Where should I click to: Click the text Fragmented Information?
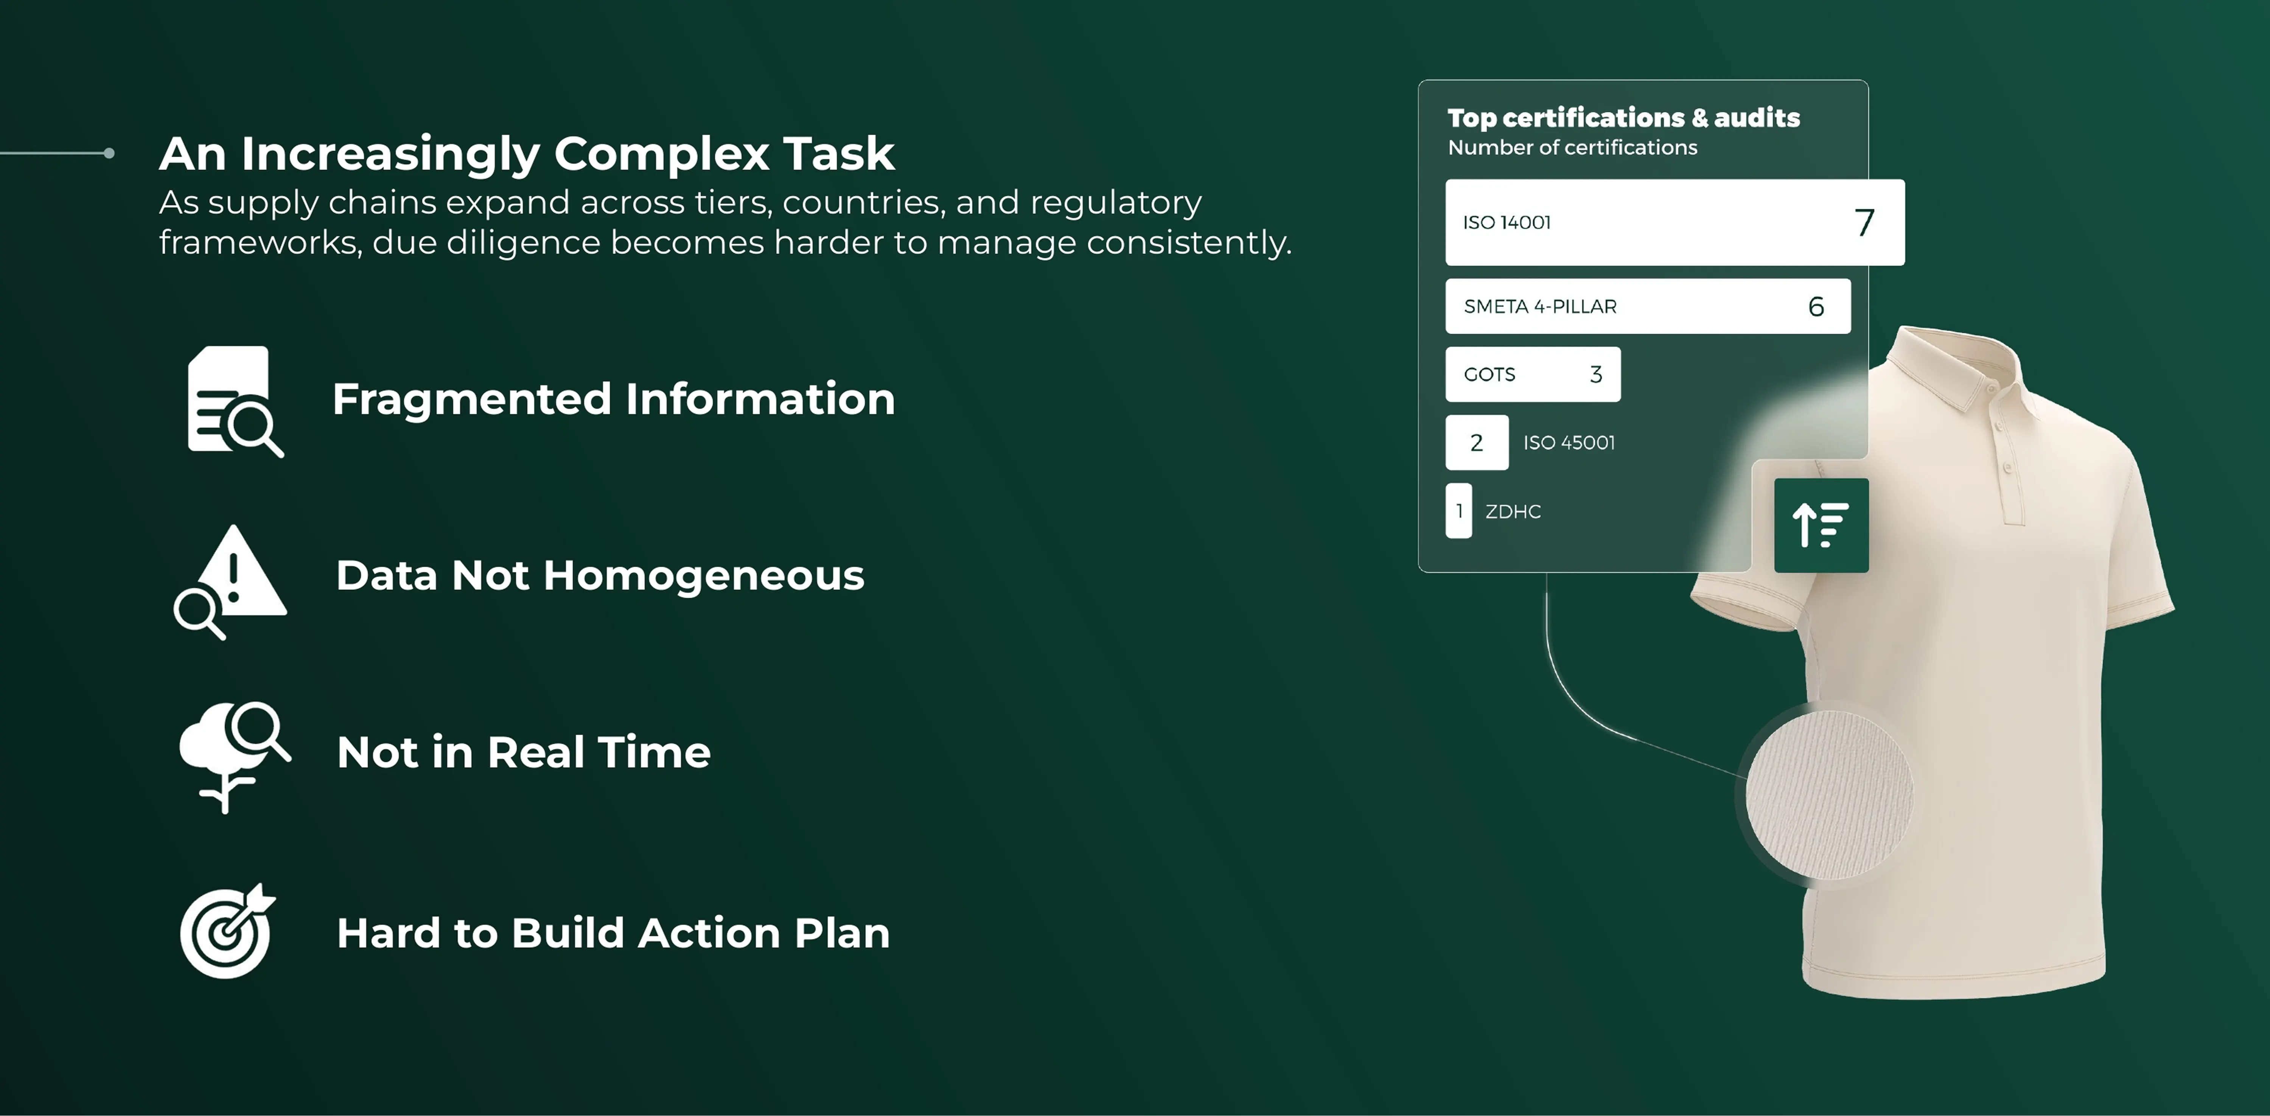click(x=613, y=399)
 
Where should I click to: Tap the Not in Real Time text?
click(x=524, y=753)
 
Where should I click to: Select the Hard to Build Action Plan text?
click(x=613, y=933)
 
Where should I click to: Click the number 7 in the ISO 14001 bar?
click(x=1864, y=223)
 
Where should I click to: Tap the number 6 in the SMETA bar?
click(x=1815, y=306)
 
